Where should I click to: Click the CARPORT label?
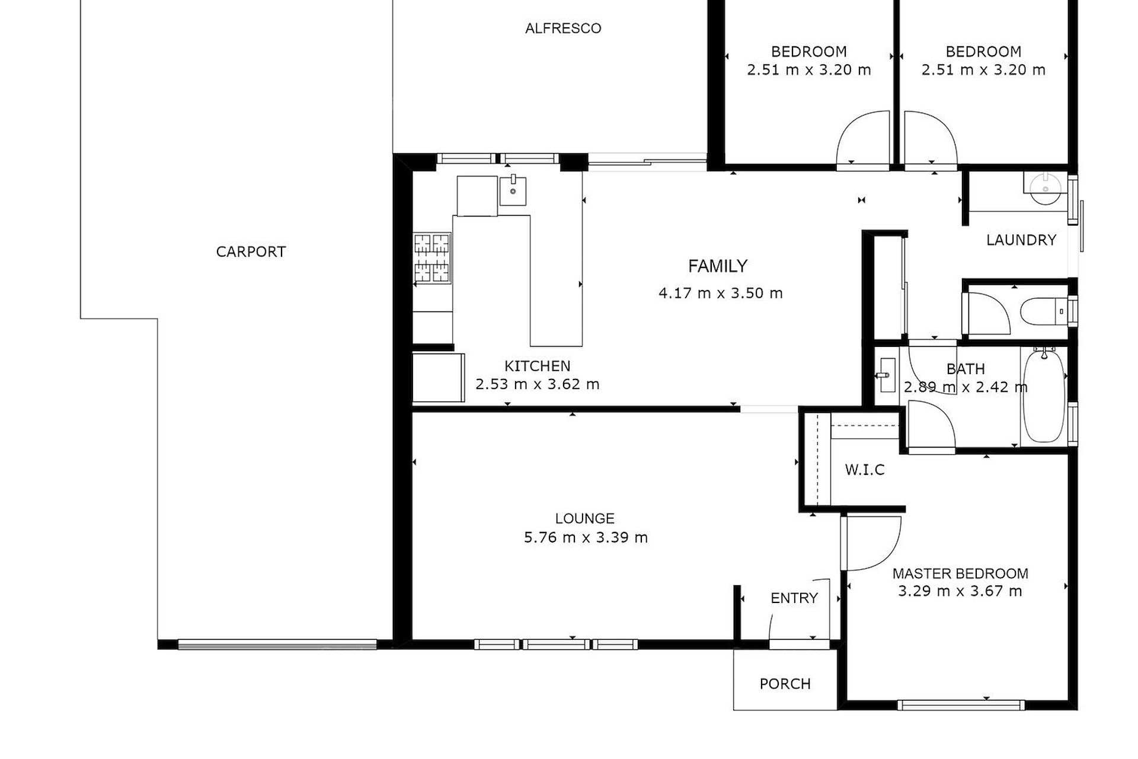point(251,251)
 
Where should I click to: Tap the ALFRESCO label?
point(563,28)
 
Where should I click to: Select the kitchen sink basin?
point(513,190)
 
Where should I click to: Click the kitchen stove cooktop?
point(432,258)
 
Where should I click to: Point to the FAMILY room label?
point(718,266)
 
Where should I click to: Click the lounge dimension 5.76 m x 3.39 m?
point(586,538)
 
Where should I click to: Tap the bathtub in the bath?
point(1044,395)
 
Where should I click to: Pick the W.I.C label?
point(865,470)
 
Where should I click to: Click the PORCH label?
point(785,684)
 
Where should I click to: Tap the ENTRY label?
point(794,598)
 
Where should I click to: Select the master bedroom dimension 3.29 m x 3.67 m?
point(960,591)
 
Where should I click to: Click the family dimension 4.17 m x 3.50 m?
point(721,293)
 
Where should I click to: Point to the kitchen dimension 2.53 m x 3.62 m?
point(538,384)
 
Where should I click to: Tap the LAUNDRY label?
point(1021,240)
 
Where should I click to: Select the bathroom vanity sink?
point(887,375)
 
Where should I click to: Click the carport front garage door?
point(277,645)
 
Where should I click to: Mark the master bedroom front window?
point(961,705)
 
